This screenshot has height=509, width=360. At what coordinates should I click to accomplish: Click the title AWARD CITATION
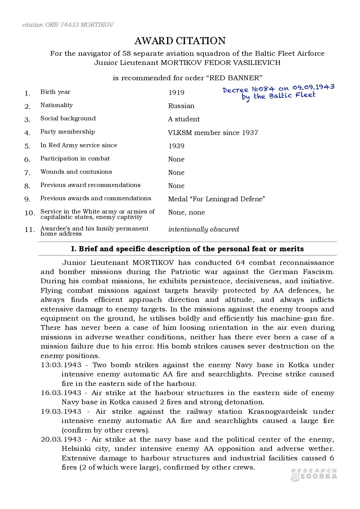(x=180, y=41)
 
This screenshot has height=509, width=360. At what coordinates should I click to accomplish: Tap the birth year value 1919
(x=176, y=92)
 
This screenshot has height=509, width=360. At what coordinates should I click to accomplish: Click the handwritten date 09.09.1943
(x=313, y=87)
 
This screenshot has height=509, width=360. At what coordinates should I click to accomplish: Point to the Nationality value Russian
(x=181, y=106)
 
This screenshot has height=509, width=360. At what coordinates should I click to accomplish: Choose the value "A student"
(x=184, y=119)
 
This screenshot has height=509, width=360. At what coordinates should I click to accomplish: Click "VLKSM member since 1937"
(x=213, y=133)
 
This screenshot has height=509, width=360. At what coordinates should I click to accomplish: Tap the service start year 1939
(x=176, y=146)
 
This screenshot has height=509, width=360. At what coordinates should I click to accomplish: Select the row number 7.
(x=28, y=173)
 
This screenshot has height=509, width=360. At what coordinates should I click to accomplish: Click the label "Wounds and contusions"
(x=76, y=172)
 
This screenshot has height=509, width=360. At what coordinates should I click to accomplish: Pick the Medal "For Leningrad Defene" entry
(x=216, y=199)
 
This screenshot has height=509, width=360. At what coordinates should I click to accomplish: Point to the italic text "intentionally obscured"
(x=203, y=229)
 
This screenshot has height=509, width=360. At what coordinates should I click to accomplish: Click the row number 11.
(x=30, y=230)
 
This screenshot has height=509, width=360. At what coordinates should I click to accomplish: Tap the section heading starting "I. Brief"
(x=187, y=249)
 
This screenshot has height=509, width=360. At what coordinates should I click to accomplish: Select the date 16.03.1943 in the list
(x=61, y=393)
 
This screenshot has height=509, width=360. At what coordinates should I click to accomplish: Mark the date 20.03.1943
(x=61, y=439)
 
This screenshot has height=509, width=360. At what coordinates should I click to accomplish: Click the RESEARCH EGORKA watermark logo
(x=314, y=474)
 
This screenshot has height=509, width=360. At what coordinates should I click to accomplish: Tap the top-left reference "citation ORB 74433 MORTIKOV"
(x=68, y=25)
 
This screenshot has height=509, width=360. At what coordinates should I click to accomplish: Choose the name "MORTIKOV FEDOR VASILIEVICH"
(x=220, y=63)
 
